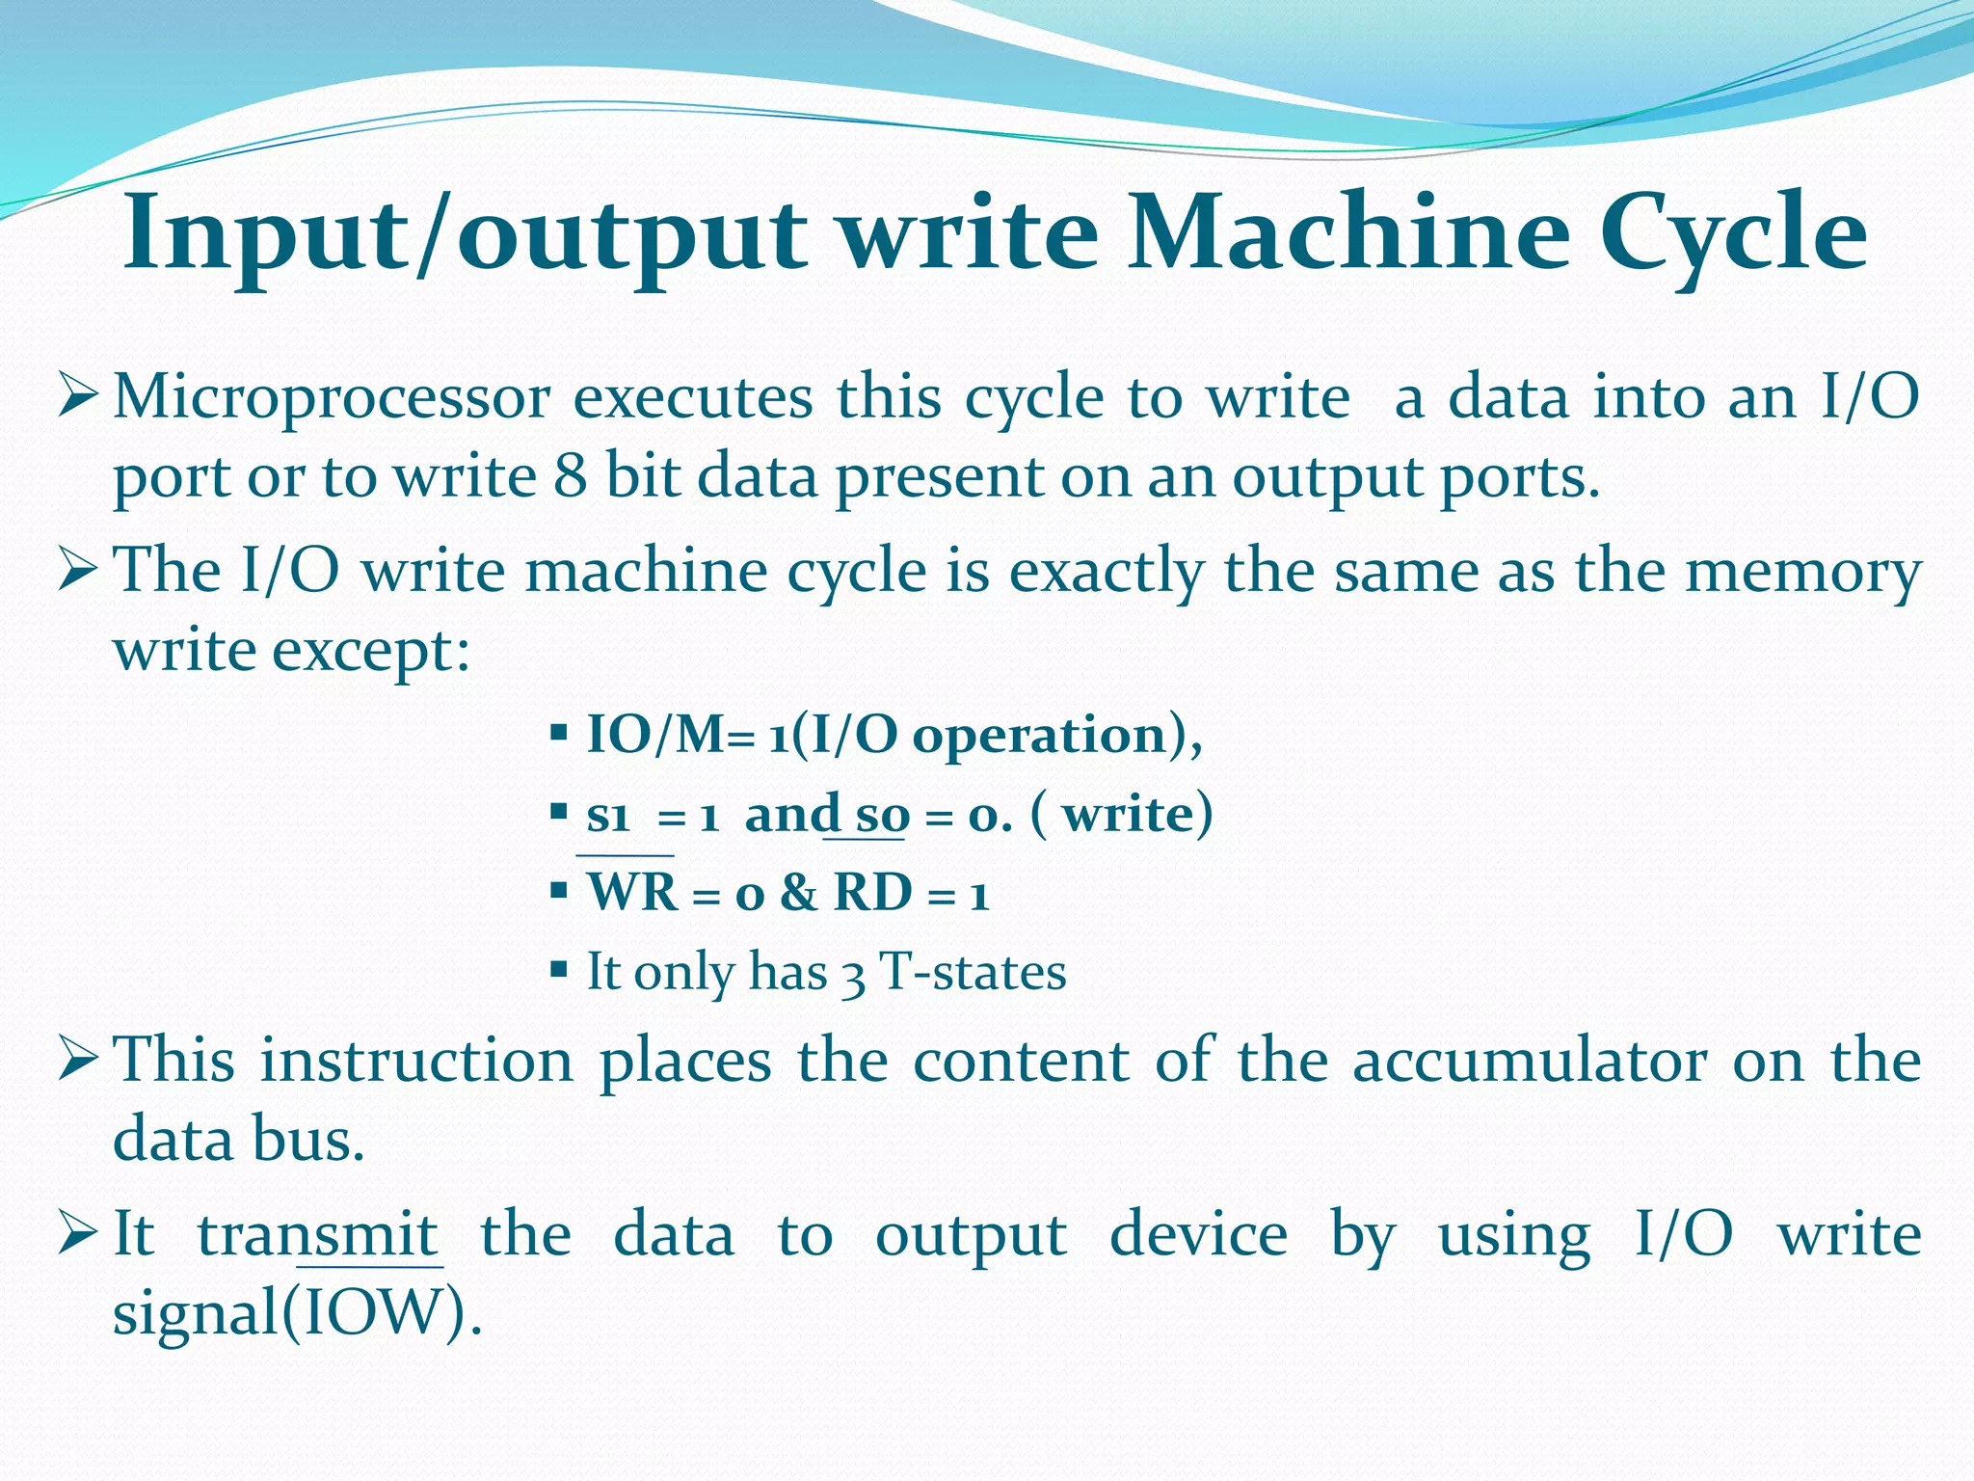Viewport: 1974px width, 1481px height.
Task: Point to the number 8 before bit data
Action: (571, 477)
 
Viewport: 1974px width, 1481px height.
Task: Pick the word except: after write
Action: (372, 652)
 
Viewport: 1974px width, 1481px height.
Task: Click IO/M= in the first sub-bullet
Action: (672, 736)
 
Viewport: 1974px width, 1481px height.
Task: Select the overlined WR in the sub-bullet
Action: (632, 893)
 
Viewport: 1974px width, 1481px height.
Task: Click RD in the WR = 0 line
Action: (872, 893)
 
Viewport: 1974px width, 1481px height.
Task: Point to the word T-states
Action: (974, 972)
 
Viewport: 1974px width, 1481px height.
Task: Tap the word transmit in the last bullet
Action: (318, 1235)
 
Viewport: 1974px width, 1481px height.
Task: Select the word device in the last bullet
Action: (1198, 1235)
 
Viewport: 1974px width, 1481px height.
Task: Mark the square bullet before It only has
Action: (558, 968)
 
